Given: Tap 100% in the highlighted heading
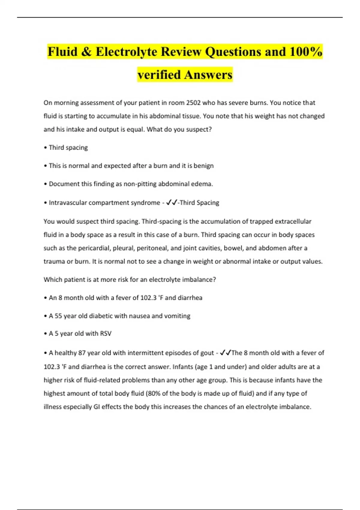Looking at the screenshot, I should [306, 52].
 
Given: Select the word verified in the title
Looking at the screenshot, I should [159, 75].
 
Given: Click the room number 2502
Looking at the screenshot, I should [193, 103].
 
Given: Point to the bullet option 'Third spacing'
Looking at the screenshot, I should [68, 148].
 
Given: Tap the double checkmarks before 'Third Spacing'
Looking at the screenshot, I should [171, 202].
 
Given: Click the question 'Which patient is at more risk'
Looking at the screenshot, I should [130, 280].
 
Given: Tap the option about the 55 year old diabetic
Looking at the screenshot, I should [119, 316].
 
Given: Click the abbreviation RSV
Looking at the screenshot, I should [106, 334].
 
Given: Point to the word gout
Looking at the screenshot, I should [207, 353].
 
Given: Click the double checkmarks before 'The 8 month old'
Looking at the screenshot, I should [225, 353].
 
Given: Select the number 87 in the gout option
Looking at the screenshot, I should [82, 353].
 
